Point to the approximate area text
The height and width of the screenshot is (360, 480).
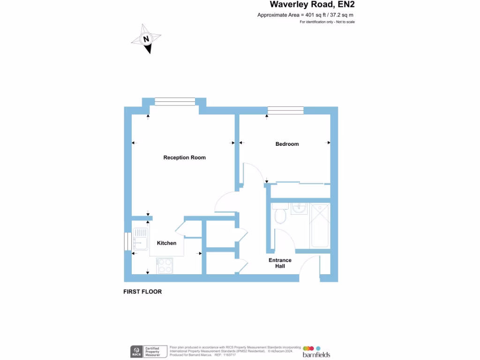coord(305,15)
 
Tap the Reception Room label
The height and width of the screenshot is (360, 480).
coord(184,157)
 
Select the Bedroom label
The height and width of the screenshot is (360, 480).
coord(287,144)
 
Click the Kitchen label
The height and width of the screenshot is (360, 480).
coord(166,243)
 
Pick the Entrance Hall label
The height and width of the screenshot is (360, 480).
coord(280,263)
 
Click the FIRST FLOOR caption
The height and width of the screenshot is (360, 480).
coord(142,292)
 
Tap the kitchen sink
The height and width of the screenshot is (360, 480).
coord(140,238)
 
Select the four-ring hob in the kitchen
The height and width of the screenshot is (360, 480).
coord(165,266)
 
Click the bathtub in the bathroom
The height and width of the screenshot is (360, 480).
coord(321,225)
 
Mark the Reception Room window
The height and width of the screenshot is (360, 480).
coord(175,102)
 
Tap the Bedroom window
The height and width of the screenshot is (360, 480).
coord(285,111)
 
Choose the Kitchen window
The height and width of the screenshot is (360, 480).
coord(127,241)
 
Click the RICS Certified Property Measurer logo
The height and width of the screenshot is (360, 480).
coord(148,352)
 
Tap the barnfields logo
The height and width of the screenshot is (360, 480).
coord(316,352)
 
